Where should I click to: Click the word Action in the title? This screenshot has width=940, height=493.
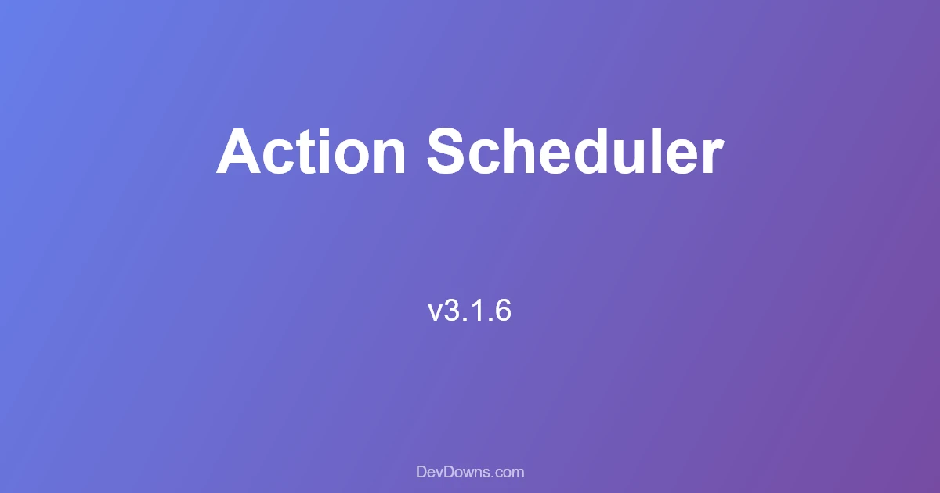(x=311, y=151)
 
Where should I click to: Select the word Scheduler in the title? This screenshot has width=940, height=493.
(x=575, y=151)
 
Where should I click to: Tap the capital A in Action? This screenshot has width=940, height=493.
(x=238, y=151)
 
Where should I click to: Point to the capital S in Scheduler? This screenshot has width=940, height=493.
(x=446, y=151)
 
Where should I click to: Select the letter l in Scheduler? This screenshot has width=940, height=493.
(x=660, y=151)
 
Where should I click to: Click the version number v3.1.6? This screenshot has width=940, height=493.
(x=469, y=311)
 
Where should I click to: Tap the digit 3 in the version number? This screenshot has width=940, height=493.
(x=450, y=311)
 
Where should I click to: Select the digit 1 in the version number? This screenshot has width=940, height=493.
(x=475, y=310)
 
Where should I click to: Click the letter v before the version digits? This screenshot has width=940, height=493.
(x=435, y=314)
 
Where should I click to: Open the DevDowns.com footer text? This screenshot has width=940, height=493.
(x=470, y=472)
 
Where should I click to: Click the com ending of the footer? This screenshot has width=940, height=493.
(x=510, y=473)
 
